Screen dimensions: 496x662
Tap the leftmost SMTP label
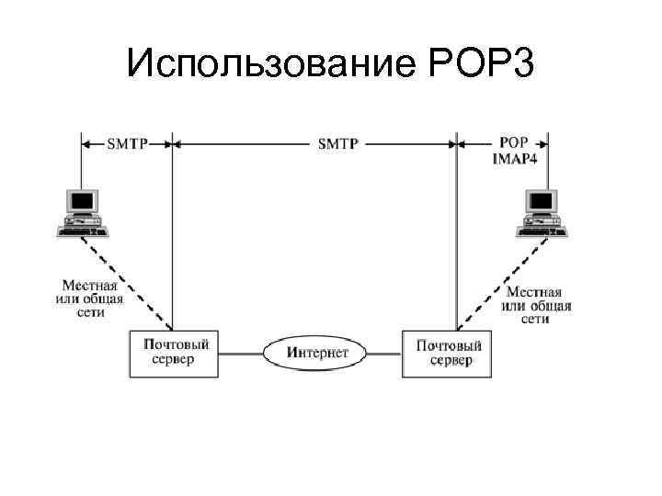pos(127,144)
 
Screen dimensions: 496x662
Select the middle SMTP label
pos(337,144)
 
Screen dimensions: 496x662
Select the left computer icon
pos(82,211)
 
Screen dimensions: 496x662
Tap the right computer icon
pos(541,211)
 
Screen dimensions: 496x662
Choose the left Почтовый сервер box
pos(176,352)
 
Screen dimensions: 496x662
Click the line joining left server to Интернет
pos(241,352)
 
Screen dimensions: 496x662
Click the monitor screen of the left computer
pos(82,199)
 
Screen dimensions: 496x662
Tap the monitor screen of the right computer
pos(541,199)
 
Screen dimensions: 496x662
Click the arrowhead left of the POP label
pos(462,144)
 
